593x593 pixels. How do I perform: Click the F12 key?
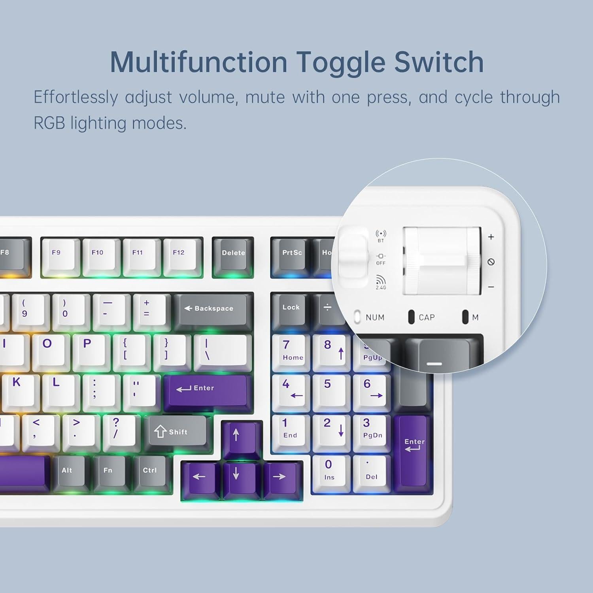(x=179, y=255)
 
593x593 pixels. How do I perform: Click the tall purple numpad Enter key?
(x=414, y=451)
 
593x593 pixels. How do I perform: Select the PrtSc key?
(x=292, y=255)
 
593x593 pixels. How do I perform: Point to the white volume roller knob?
(x=441, y=261)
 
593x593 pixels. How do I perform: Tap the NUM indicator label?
(x=375, y=317)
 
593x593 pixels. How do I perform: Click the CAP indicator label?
(x=427, y=317)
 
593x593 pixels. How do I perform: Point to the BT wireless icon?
(x=381, y=234)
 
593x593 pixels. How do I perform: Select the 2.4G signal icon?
(x=381, y=281)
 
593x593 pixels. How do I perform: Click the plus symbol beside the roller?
(x=491, y=237)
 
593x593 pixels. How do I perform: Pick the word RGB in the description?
(x=49, y=123)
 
